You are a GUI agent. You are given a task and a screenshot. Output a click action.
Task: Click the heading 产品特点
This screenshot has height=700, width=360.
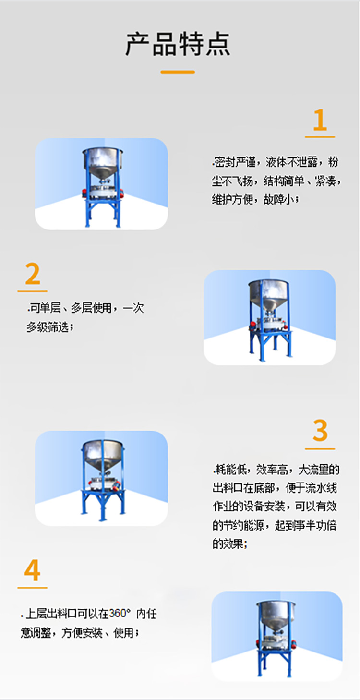(x=178, y=44)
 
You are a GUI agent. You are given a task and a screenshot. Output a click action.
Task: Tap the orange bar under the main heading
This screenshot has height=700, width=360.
(x=178, y=72)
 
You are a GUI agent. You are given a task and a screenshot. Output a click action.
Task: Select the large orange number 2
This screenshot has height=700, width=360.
(x=32, y=274)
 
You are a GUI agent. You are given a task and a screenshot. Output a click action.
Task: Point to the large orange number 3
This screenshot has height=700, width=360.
(x=320, y=431)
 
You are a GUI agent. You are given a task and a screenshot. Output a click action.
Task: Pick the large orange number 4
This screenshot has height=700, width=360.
(x=32, y=571)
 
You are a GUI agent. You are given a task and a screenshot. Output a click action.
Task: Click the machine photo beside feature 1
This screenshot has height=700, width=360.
(x=101, y=183)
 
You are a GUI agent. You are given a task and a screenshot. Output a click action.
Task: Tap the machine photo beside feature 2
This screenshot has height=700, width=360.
(x=269, y=317)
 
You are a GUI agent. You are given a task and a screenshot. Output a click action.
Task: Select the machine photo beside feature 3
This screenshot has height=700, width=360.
(x=101, y=478)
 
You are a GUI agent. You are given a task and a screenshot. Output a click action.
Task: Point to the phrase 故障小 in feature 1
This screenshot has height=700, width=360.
(x=280, y=199)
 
